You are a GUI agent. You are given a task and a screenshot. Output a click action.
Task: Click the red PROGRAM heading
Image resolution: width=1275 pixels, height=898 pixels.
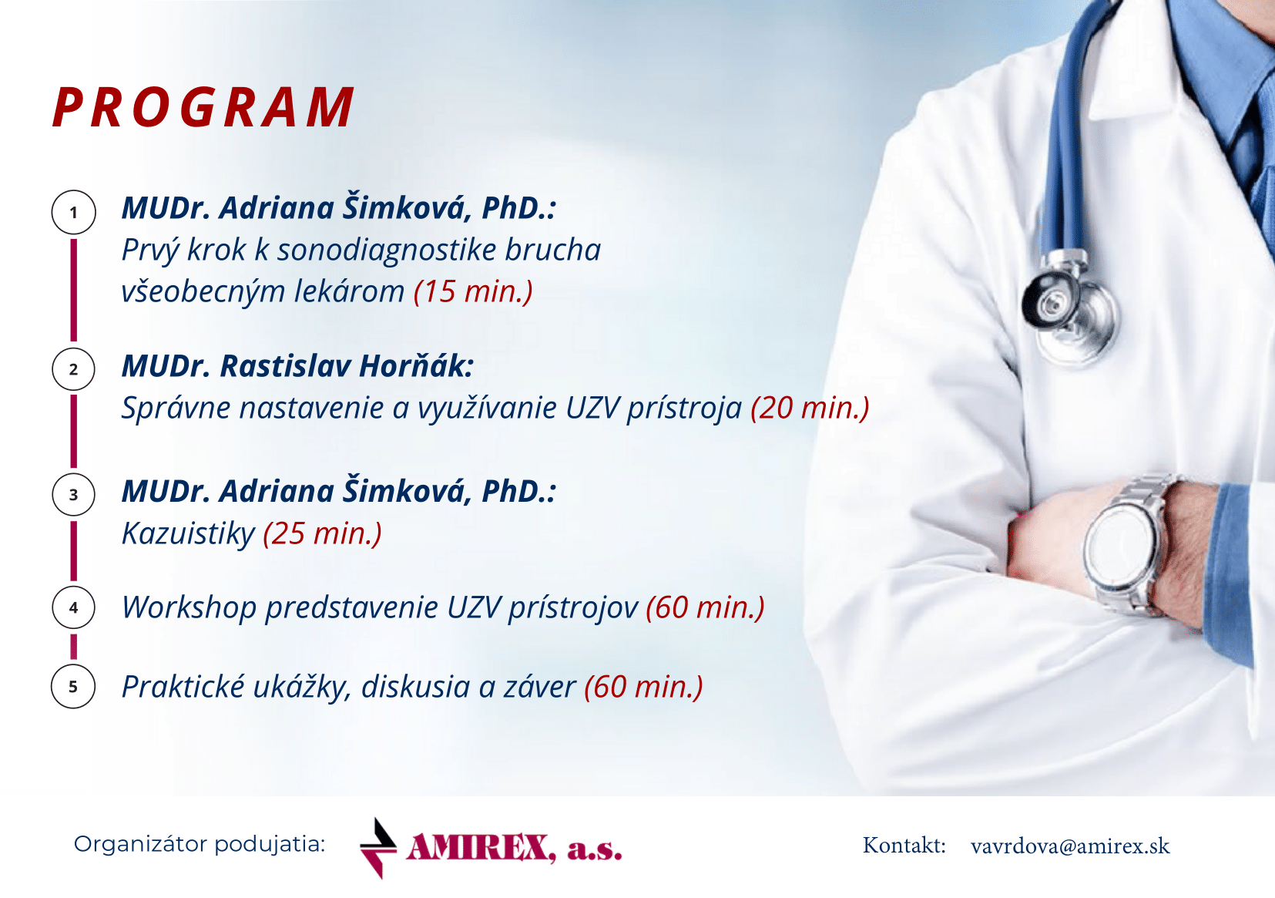point(203,107)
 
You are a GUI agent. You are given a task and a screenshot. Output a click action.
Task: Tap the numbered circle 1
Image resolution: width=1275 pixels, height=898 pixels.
point(73,213)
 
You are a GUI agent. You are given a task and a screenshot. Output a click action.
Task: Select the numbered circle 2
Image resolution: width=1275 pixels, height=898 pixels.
point(73,369)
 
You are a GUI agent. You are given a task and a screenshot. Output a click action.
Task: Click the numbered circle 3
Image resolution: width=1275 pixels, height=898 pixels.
point(73,495)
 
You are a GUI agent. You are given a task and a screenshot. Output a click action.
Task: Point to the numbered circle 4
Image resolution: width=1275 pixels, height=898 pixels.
point(73,607)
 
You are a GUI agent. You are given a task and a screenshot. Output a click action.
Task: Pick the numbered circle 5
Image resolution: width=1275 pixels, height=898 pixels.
point(73,687)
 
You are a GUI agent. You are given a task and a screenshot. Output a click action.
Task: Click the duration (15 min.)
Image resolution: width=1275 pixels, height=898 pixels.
point(474,291)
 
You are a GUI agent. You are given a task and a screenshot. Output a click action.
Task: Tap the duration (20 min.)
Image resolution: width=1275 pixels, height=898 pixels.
point(810,409)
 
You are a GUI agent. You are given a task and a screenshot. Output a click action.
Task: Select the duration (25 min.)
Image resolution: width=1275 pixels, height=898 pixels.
point(322,533)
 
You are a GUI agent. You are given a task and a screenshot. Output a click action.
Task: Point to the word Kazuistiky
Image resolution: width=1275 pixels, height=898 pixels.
point(189,534)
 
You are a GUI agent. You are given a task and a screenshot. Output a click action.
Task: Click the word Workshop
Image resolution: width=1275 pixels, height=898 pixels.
point(190,608)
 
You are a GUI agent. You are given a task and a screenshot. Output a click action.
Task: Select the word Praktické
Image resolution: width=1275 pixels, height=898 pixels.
point(184,687)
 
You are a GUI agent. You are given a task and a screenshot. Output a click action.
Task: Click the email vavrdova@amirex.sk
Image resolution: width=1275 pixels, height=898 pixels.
point(1070,846)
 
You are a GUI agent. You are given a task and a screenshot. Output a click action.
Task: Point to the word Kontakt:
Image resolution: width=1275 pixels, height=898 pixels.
point(904,846)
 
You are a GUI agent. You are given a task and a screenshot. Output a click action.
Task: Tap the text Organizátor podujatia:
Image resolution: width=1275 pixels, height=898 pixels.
point(200,845)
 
